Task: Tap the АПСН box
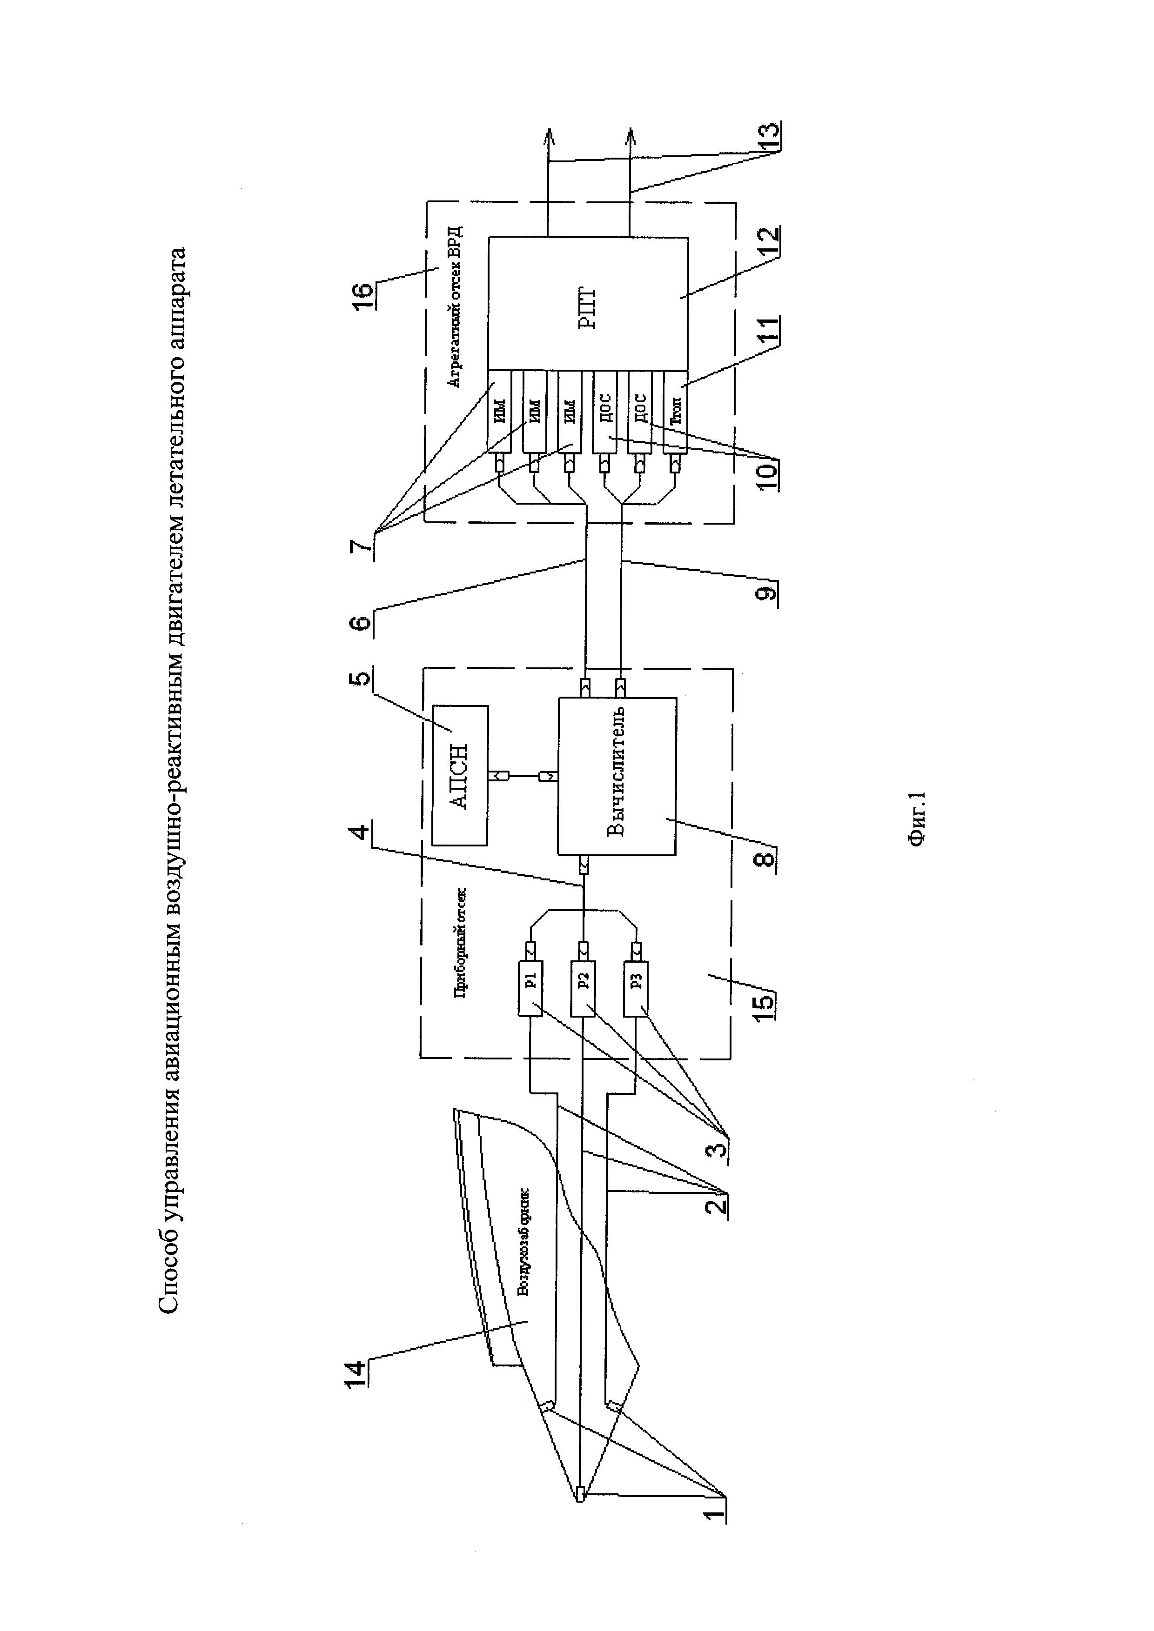pos(460,776)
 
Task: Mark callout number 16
pos(362,294)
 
